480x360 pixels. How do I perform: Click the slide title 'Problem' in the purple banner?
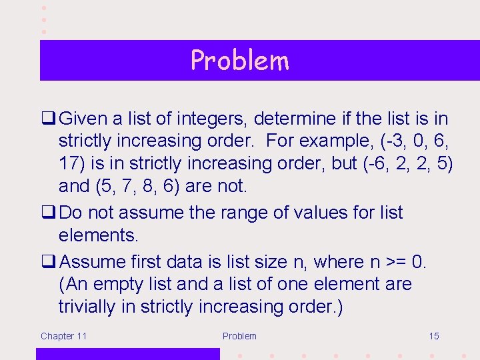tap(239, 61)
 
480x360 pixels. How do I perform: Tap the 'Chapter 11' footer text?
tap(63, 336)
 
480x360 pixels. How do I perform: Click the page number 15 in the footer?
tap(433, 336)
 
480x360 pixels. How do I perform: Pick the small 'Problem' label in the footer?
tap(239, 336)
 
